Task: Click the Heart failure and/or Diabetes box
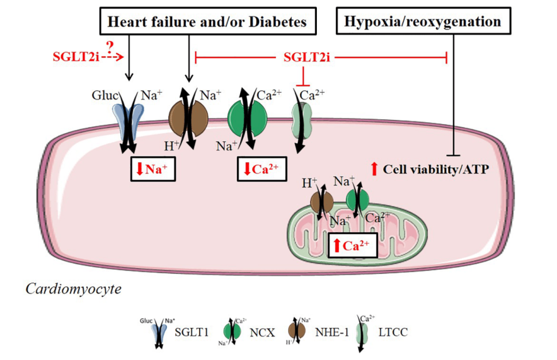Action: [207, 22]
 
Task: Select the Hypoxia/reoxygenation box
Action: [423, 22]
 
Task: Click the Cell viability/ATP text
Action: [433, 169]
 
